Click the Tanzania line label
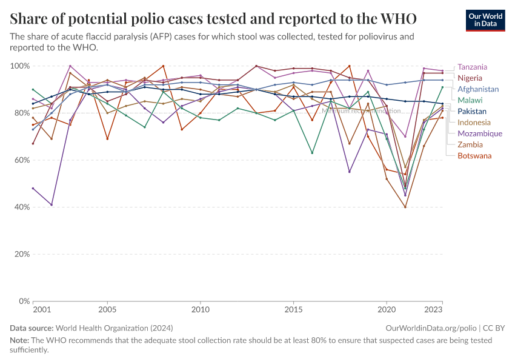[x=473, y=67]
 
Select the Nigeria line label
[x=470, y=78]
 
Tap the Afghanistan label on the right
[x=478, y=89]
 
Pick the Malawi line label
[x=470, y=100]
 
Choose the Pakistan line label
[x=472, y=112]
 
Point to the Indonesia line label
[x=474, y=123]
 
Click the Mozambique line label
[x=480, y=133]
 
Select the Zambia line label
[x=470, y=145]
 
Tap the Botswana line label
[x=474, y=156]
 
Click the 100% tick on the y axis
[x=21, y=66]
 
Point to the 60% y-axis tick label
[x=22, y=160]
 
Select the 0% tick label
[x=25, y=301]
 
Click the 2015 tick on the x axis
[x=294, y=309]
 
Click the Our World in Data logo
[x=485, y=20]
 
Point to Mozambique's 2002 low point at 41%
[x=51, y=204]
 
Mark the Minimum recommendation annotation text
[x=361, y=111]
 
